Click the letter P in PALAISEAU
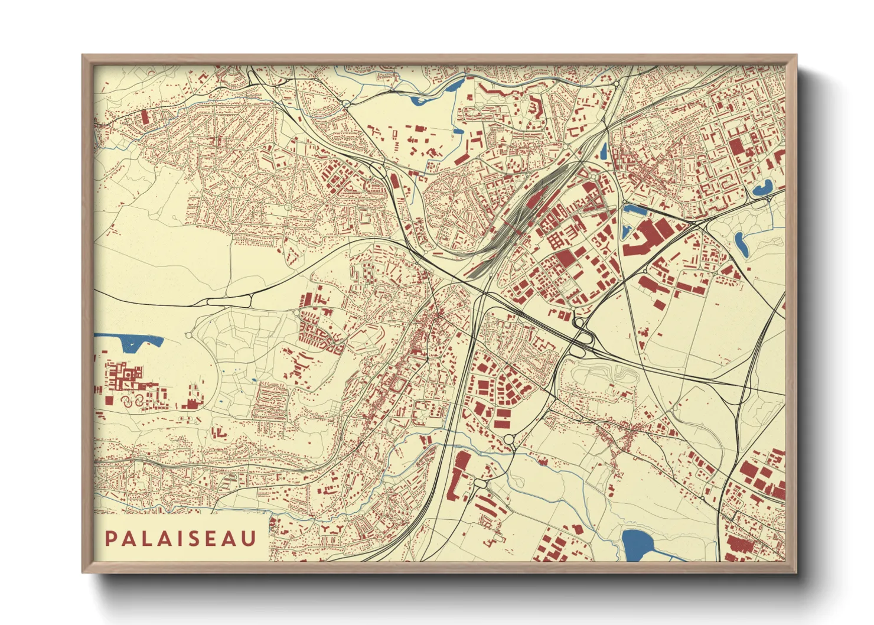click(110, 538)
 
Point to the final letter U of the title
click(250, 538)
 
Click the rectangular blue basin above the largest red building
click(635, 209)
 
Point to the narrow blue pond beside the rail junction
click(603, 151)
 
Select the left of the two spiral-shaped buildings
click(126, 401)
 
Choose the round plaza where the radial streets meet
click(288, 207)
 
